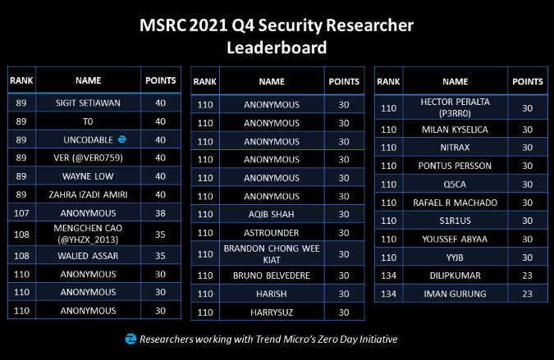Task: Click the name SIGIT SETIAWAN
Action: tap(88, 104)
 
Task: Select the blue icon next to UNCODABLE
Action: tap(122, 139)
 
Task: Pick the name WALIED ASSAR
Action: tap(88, 255)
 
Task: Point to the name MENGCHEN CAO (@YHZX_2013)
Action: tap(88, 233)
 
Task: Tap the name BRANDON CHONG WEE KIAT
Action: tap(272, 253)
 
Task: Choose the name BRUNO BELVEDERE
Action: tap(272, 276)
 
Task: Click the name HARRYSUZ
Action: tap(272, 312)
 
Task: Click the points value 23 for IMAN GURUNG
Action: tap(528, 293)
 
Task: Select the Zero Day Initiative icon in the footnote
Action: tap(130, 338)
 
